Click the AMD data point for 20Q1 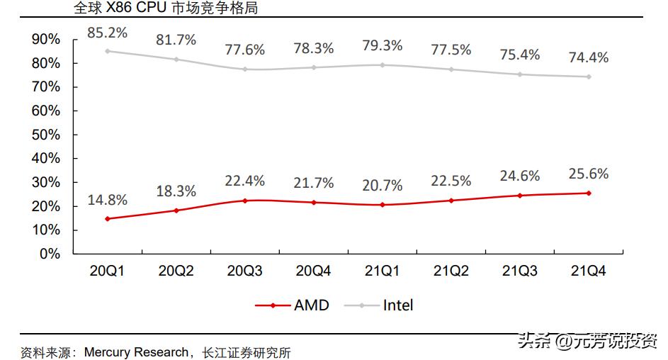point(108,219)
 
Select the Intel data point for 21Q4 point(588,77)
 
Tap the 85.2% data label point(108,32)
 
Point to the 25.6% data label point(588,174)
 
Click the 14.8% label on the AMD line point(108,200)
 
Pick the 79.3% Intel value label point(382,45)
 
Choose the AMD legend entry point(292,305)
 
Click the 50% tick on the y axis point(46,135)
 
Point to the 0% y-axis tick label point(50,254)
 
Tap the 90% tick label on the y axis point(46,40)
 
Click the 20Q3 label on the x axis point(244,271)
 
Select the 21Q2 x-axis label point(451,271)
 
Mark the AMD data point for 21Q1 point(382,205)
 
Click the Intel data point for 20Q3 point(244,69)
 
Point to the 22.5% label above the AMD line point(451,181)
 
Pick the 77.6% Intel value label point(244,50)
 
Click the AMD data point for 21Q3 point(519,196)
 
